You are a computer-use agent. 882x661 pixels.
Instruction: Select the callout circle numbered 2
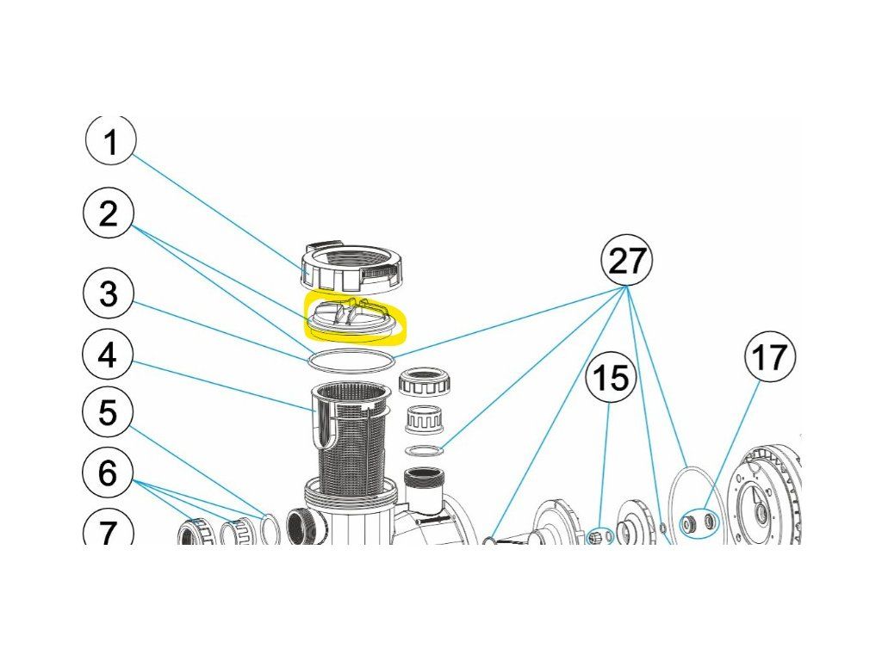click(109, 213)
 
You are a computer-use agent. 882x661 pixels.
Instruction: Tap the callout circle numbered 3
click(109, 293)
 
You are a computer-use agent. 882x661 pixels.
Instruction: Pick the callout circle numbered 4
click(109, 355)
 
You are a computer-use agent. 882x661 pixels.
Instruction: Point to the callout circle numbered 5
click(108, 414)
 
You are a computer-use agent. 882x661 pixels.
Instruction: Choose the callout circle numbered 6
click(108, 473)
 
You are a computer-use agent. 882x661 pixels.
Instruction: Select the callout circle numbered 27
click(627, 260)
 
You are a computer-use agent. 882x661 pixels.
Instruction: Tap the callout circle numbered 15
click(611, 377)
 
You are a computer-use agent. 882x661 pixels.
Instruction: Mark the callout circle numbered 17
click(770, 356)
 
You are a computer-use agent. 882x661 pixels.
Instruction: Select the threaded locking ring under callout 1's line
click(351, 267)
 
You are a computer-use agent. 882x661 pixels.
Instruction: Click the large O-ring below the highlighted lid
click(351, 359)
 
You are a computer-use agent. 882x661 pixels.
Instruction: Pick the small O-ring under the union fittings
click(424, 451)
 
